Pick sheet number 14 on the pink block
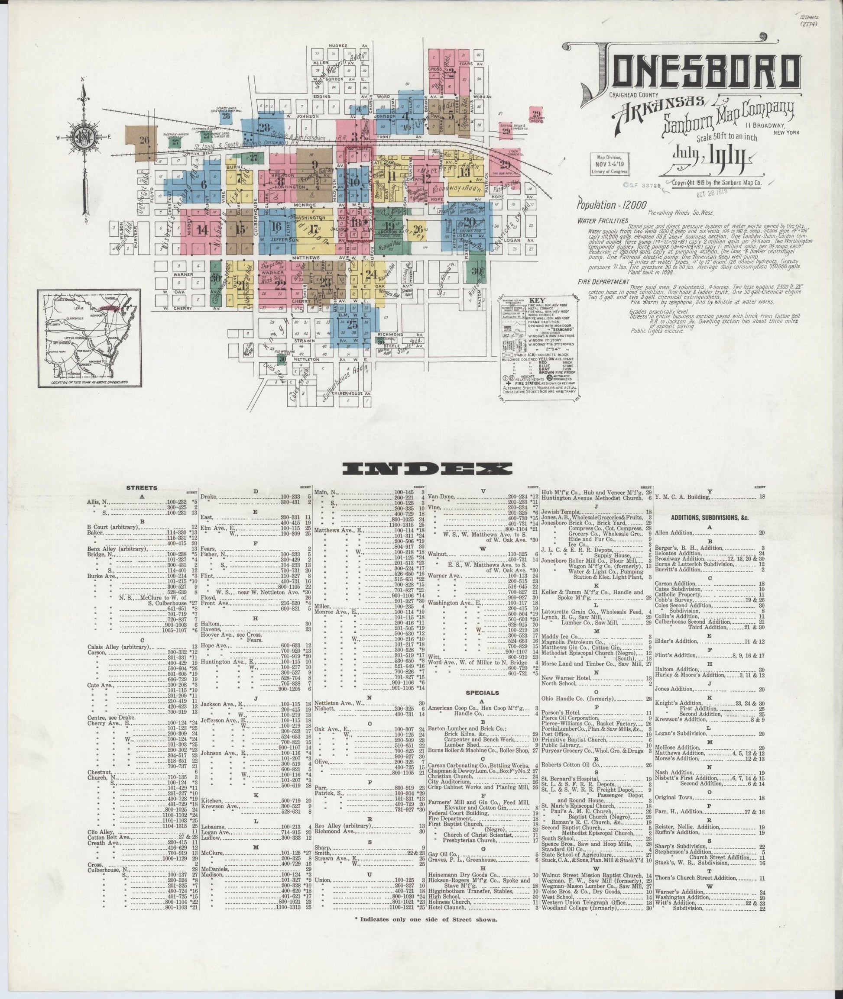point(202,230)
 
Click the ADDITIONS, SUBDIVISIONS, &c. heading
point(709,517)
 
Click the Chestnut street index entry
point(99,772)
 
